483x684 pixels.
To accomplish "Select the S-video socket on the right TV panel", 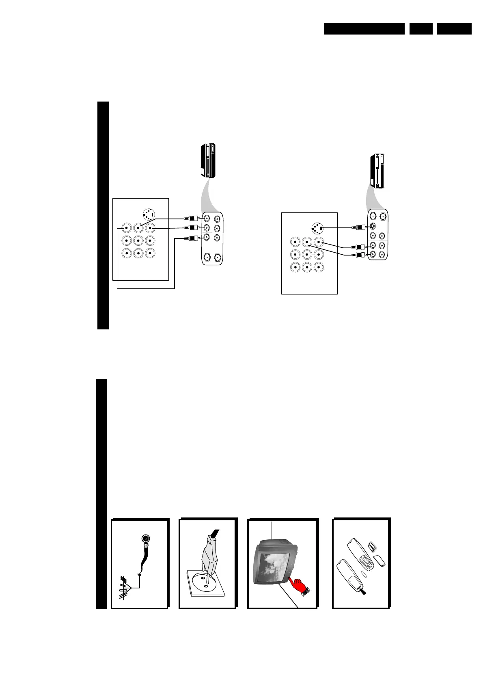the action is pyautogui.click(x=317, y=229).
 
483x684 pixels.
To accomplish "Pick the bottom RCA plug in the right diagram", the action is pyautogui.click(x=360, y=255).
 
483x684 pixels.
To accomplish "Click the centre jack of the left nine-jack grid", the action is pyautogui.click(x=138, y=240).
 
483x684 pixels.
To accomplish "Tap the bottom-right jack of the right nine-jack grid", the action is pyautogui.click(x=319, y=267).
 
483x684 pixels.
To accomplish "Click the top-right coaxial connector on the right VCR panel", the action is pyautogui.click(x=383, y=217).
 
